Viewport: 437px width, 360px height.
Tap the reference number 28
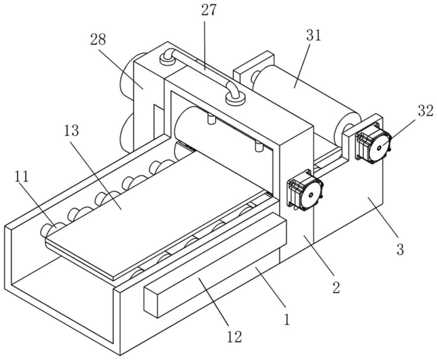[x=98, y=39]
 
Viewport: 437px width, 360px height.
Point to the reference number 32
[x=426, y=111]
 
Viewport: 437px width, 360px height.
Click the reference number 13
[x=71, y=130]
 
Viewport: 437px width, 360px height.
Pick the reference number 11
[x=22, y=176]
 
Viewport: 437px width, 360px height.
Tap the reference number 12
[x=234, y=337]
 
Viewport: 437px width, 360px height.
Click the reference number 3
[x=400, y=249]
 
